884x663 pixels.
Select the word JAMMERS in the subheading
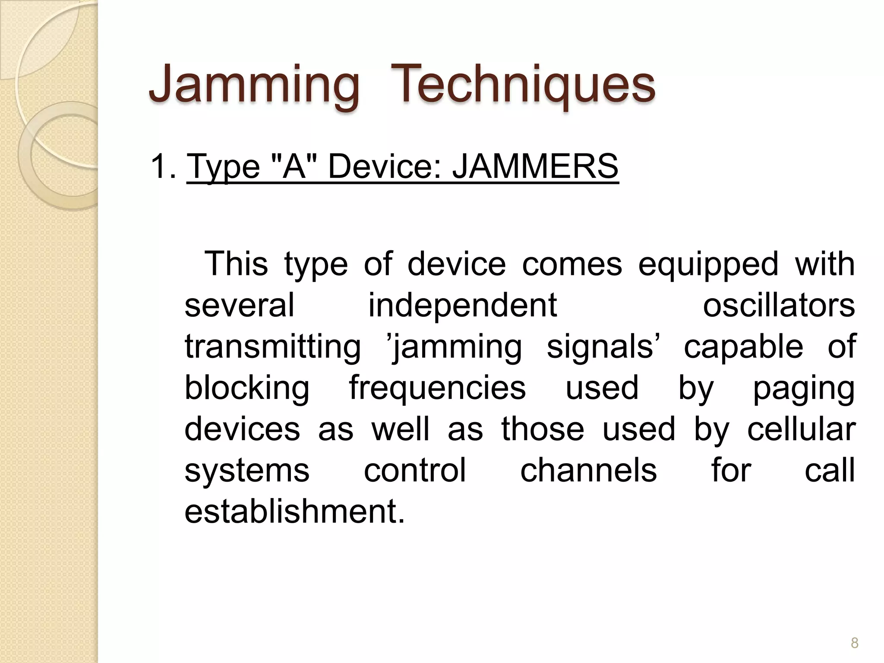pyautogui.click(x=535, y=167)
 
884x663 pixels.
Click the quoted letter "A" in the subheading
pyautogui.click(x=294, y=167)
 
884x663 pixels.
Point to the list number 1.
pyautogui.click(x=162, y=167)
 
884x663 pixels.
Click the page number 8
pyautogui.click(x=854, y=643)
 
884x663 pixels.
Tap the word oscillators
pyautogui.click(x=779, y=305)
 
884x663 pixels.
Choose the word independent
pyautogui.click(x=462, y=305)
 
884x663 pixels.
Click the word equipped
pyautogui.click(x=708, y=264)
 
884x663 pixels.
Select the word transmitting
pyautogui.click(x=272, y=347)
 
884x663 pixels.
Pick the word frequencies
pyautogui.click(x=437, y=388)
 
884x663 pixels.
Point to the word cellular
pyautogui.click(x=801, y=429)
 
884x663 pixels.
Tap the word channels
pyautogui.click(x=588, y=470)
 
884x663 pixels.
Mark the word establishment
pyautogui.click(x=295, y=511)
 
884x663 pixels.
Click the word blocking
pyautogui.click(x=247, y=388)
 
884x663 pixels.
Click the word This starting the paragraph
pyautogui.click(x=236, y=264)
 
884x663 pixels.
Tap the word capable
pyautogui.click(x=743, y=347)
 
